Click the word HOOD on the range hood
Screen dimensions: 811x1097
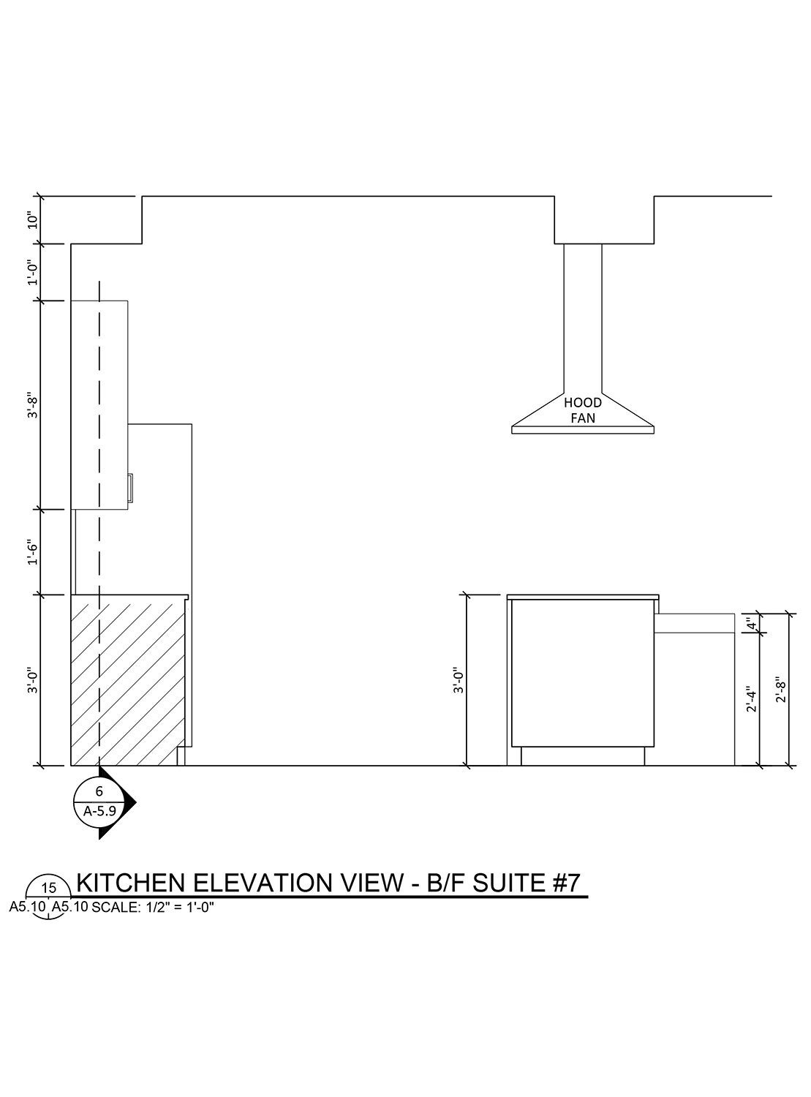(x=583, y=403)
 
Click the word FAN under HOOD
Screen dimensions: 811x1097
(x=583, y=418)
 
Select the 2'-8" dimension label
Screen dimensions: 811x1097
(x=781, y=689)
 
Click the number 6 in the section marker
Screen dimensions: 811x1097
(x=99, y=791)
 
